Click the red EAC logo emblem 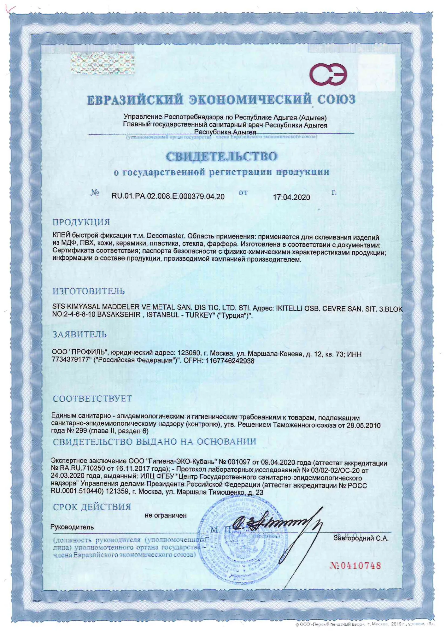(x=328, y=74)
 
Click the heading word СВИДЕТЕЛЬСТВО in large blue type (x=222, y=156)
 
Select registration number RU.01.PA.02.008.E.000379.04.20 (x=168, y=197)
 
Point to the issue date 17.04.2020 (x=291, y=197)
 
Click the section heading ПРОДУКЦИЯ (x=81, y=222)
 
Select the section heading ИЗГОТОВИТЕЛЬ (x=89, y=291)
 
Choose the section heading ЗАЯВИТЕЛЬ (x=79, y=334)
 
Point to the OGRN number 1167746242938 (x=230, y=361)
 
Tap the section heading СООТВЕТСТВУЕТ (x=92, y=398)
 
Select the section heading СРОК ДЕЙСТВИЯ (x=92, y=507)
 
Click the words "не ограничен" (x=166, y=516)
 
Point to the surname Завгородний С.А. (x=361, y=538)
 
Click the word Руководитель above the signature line (x=72, y=527)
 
